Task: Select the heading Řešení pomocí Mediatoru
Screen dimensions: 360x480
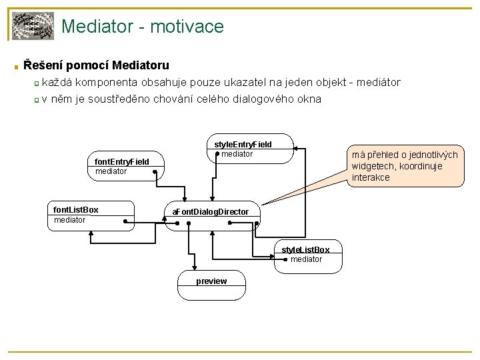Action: point(96,65)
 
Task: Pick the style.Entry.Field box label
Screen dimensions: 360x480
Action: point(243,144)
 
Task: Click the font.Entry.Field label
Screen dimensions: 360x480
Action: point(122,162)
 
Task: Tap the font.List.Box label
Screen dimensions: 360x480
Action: point(75,210)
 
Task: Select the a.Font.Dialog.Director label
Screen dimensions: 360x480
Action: point(211,211)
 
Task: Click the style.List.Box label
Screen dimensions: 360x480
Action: point(305,249)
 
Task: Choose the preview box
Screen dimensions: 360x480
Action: point(211,281)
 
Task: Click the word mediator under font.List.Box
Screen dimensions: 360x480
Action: point(69,220)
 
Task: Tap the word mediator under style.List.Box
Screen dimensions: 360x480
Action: point(307,259)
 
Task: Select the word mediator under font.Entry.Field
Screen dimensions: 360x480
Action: point(111,172)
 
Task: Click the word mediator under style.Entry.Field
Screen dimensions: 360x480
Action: point(237,154)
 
